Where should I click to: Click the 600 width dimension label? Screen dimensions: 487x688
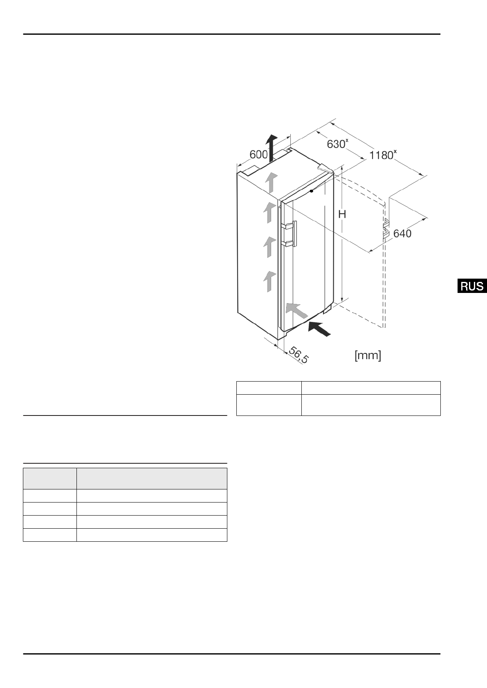tap(258, 154)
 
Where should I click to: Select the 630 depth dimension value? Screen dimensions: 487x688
tap(336, 144)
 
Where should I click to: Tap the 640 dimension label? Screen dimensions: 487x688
tap(402, 234)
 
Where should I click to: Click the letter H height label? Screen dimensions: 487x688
tap(342, 214)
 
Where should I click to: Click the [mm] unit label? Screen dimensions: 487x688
tap(368, 356)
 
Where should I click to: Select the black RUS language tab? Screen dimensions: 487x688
tap(472, 286)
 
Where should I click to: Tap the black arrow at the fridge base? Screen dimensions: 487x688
tap(319, 328)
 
